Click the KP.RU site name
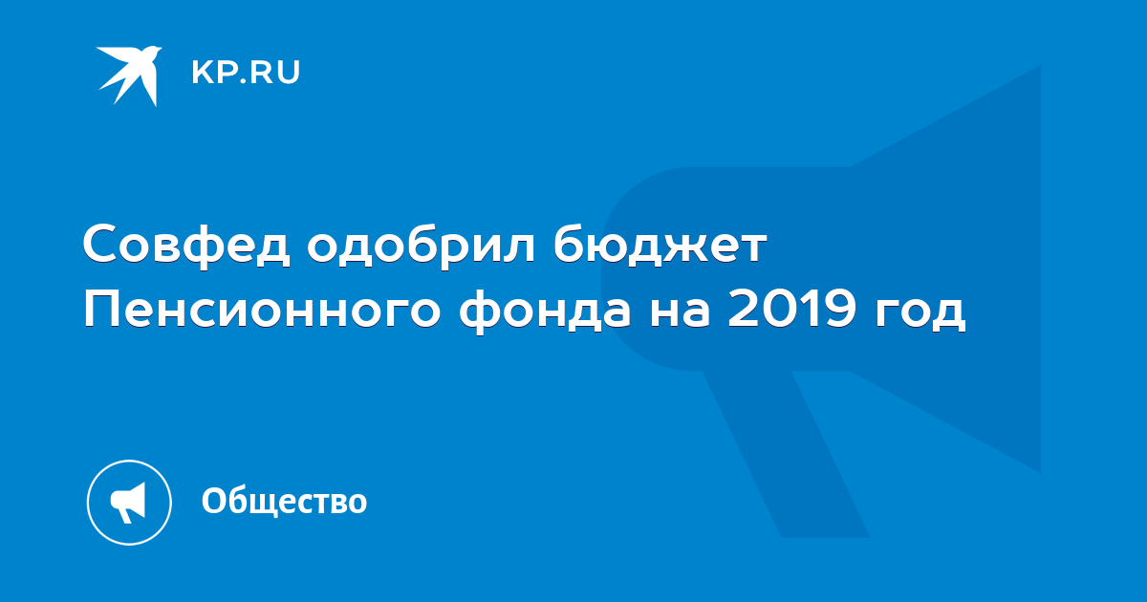(246, 73)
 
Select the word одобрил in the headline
(421, 245)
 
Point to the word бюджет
(659, 245)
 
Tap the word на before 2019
(680, 312)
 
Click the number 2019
(791, 310)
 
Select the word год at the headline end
(920, 312)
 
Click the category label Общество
(284, 501)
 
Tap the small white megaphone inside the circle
(128, 503)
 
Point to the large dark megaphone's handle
(787, 454)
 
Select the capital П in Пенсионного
(98, 310)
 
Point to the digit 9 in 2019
(840, 310)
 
